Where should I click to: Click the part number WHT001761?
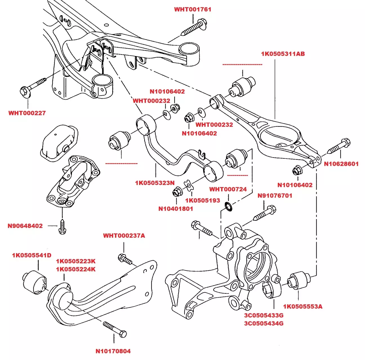click(193, 9)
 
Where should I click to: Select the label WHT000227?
click(27, 113)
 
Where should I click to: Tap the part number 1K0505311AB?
click(283, 54)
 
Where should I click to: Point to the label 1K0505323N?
click(155, 183)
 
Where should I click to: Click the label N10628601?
click(341, 164)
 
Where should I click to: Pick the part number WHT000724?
click(228, 189)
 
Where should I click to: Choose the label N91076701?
click(275, 196)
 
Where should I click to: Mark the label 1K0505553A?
click(303, 306)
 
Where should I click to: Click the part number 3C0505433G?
click(264, 315)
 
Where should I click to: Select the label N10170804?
click(113, 351)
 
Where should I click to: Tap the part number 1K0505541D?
click(32, 255)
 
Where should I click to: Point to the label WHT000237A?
click(124, 236)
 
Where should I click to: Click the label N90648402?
click(25, 226)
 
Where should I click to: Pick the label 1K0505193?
click(202, 200)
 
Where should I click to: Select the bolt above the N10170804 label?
click(115, 330)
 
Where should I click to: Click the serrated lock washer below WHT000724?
click(228, 206)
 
